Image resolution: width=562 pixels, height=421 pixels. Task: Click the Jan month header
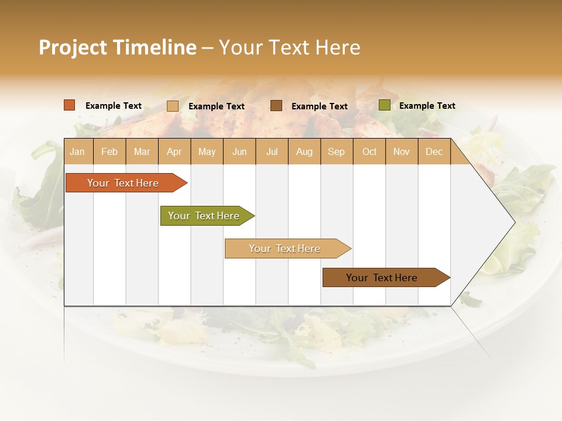point(77,151)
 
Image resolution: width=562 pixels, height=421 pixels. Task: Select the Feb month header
point(109,151)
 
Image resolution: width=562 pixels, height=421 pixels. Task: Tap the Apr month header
point(174,151)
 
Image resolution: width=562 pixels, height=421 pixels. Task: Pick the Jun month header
point(239,151)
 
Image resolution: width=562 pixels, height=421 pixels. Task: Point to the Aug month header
point(304,151)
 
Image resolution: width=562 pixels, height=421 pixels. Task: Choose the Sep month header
point(336,151)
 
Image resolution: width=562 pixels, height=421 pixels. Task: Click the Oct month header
point(369,151)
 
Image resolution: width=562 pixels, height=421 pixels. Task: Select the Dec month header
point(434,151)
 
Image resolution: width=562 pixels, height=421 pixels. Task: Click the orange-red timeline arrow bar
point(123,183)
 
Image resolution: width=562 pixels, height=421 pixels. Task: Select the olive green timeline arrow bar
point(204,216)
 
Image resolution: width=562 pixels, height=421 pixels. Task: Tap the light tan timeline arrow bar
point(285,249)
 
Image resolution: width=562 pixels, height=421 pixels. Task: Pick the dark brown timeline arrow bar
point(382,278)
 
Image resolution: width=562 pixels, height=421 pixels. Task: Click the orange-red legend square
point(69,105)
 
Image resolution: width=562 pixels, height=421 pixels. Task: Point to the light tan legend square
point(173,106)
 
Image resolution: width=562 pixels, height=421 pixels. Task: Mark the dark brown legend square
point(276,106)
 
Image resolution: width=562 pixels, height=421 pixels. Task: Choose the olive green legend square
point(384,105)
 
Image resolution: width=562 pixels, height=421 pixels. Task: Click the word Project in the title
point(73,47)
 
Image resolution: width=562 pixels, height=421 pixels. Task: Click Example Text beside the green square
point(427,105)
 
